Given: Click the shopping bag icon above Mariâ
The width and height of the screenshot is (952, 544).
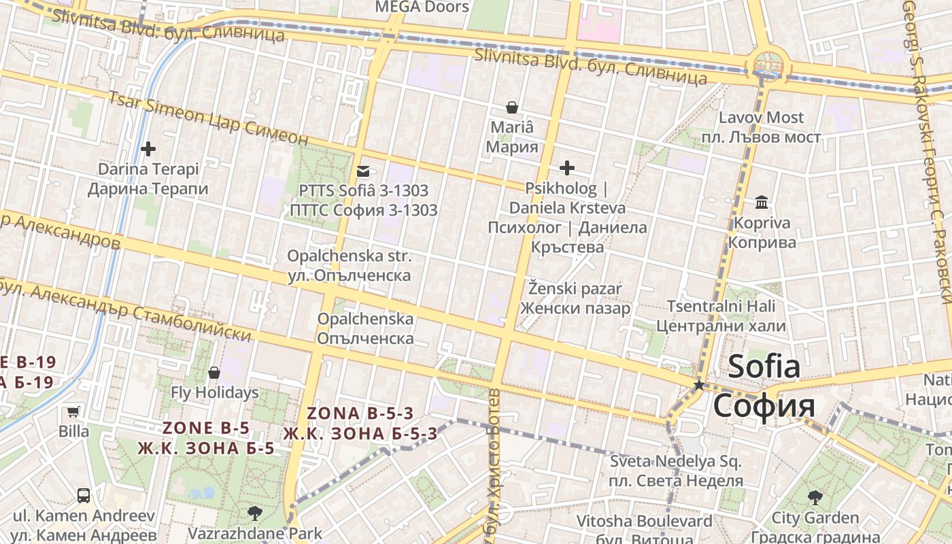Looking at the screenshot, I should pos(512,107).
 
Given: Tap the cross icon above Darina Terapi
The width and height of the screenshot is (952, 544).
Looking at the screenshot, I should pos(148,148).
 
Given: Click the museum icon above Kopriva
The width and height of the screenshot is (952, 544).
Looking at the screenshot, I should pos(761,203).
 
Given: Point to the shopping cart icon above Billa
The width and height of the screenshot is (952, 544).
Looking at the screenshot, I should pos(73,411).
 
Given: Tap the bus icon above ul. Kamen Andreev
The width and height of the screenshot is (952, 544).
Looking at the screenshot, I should pos(84,496).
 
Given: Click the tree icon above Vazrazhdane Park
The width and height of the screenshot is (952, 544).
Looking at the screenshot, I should pos(255,513).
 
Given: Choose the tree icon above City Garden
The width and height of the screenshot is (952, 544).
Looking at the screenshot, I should pos(815,498).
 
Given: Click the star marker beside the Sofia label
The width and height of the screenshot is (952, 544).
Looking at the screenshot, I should pos(698,385).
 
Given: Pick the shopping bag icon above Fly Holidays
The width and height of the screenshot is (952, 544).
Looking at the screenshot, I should pos(214,373).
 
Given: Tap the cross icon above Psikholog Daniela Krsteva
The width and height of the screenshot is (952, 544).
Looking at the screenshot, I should pos(566,168).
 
